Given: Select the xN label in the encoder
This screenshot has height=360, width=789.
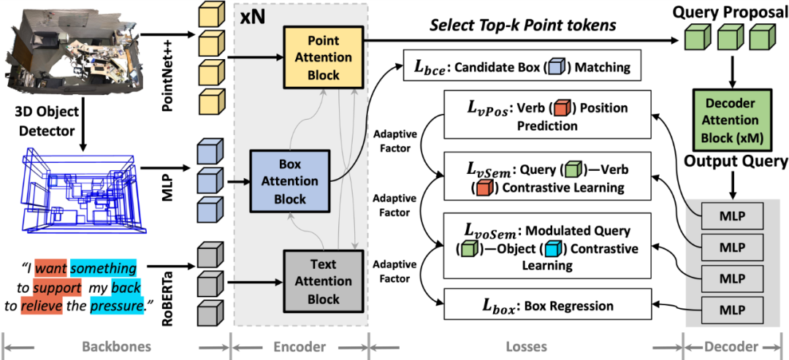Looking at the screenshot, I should coord(251,18).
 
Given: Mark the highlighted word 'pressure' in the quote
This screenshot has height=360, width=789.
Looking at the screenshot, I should coord(116,307).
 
